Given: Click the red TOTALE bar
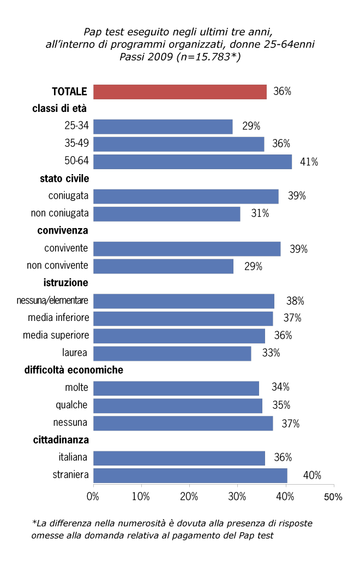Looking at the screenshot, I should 180,92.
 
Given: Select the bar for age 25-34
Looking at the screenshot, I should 163,127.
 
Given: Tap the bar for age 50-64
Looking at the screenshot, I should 193,162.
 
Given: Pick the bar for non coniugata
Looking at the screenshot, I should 167,214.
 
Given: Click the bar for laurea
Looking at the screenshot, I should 172,353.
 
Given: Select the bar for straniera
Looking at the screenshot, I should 190,475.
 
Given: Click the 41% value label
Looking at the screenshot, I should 309,162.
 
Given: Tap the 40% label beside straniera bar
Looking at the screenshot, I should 312,475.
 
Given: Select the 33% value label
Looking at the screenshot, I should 271,353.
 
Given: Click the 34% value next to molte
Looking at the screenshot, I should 280,388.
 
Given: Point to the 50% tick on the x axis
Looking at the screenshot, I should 333,497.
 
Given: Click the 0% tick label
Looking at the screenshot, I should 93,497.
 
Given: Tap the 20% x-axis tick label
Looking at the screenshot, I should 189,497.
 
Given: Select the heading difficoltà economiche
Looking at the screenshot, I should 74,370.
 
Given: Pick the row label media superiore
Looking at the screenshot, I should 56,335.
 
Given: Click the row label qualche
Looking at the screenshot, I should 71,405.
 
